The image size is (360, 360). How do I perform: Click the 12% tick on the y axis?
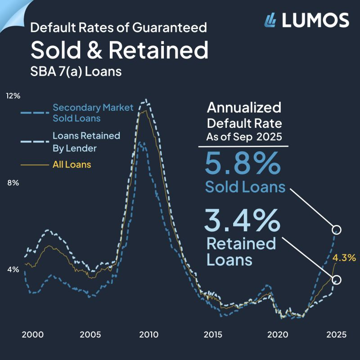tap(13, 96)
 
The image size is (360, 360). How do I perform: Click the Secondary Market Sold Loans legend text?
tap(93, 113)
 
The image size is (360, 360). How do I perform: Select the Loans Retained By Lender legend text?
tap(86, 141)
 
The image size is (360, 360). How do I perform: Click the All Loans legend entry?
tap(72, 165)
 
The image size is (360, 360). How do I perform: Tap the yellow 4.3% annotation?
tap(344, 258)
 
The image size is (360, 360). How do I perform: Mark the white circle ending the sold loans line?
tap(337, 229)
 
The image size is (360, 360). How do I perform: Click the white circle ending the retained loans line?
tap(337, 280)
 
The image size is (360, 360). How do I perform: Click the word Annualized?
tap(243, 108)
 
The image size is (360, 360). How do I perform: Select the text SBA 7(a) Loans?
tap(76, 71)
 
